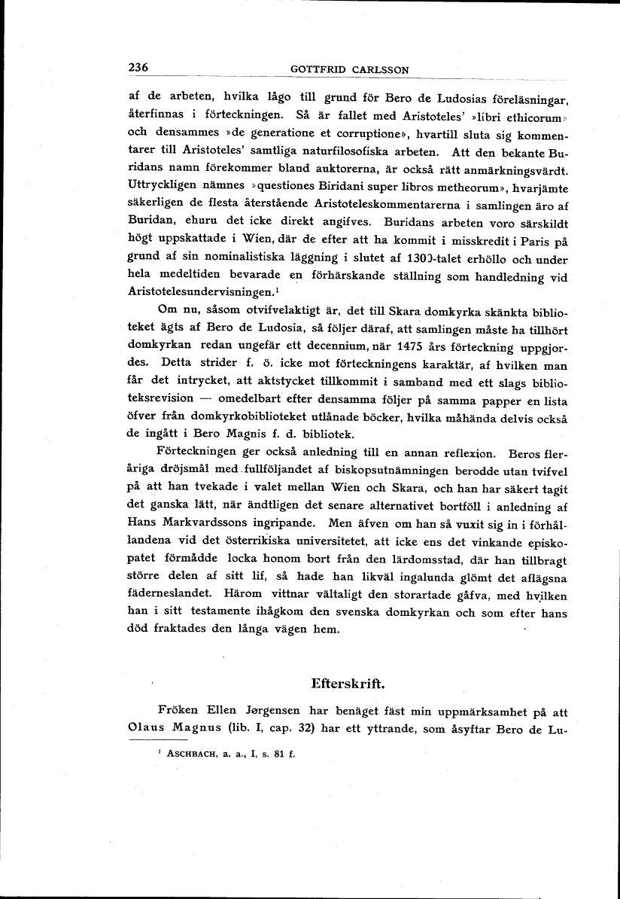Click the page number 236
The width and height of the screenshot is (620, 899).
point(139,68)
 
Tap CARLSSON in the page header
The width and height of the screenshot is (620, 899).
point(380,70)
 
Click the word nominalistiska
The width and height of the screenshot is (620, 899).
point(229,258)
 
